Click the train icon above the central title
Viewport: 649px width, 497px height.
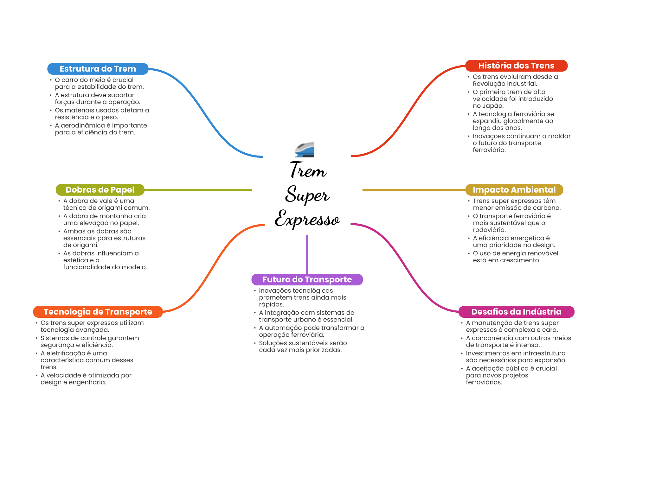[305, 150]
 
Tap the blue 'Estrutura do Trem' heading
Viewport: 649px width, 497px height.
[98, 69]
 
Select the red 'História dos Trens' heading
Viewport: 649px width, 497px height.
[516, 66]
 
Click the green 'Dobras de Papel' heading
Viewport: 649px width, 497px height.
[100, 190]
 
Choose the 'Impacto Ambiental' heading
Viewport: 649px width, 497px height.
[514, 190]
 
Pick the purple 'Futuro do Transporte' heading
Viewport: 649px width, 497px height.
[307, 279]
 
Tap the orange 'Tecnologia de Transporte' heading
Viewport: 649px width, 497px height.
[98, 312]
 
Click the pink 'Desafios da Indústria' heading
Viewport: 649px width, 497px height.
[516, 312]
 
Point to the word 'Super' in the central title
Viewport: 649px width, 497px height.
[307, 194]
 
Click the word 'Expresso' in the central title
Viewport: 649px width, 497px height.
[307, 219]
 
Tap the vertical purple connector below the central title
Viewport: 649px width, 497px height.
[307, 254]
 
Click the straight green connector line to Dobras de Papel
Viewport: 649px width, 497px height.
[198, 190]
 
